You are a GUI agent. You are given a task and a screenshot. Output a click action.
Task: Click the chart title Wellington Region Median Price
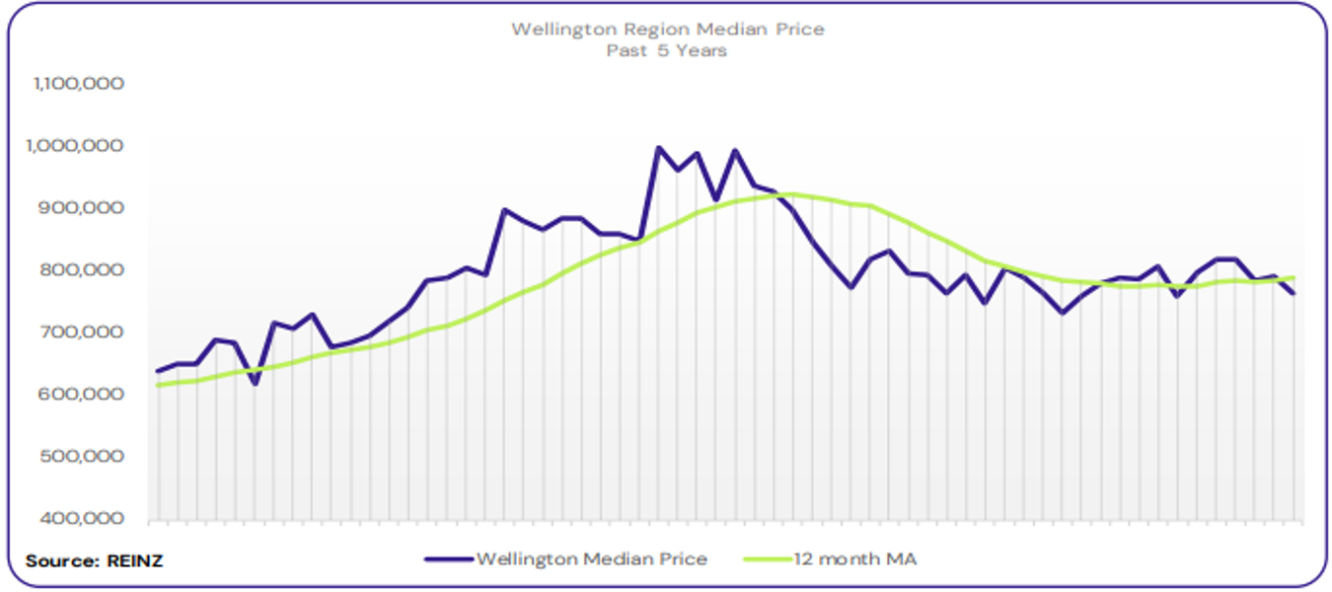tap(667, 30)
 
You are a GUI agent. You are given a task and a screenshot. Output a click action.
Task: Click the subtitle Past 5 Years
tap(667, 50)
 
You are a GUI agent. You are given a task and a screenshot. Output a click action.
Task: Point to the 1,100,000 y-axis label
tap(78, 84)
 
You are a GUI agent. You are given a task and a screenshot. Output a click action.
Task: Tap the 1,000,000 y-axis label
tap(78, 146)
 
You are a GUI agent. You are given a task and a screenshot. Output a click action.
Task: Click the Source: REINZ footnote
tap(95, 560)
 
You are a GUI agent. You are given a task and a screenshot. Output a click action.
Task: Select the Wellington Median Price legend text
tap(591, 559)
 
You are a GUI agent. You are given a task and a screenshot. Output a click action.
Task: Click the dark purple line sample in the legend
tap(449, 559)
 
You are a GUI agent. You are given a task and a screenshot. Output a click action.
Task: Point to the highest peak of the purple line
tap(658, 148)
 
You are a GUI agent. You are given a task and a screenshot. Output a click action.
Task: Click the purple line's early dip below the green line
tap(255, 383)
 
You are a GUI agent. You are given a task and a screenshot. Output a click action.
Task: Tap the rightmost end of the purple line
tap(1294, 294)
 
